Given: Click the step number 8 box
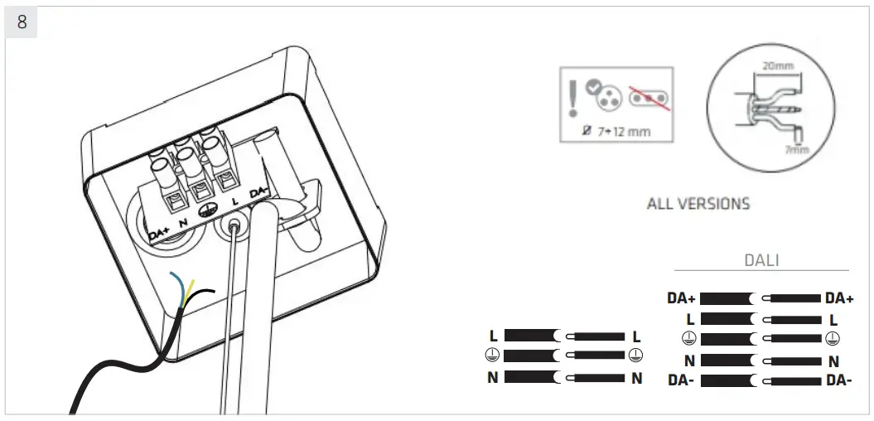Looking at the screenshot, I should pyautogui.click(x=21, y=22).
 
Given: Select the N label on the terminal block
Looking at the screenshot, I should pyautogui.click(x=181, y=222).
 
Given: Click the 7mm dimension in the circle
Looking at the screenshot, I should pyautogui.click(x=797, y=148).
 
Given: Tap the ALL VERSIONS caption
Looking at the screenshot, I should pyautogui.click(x=698, y=203).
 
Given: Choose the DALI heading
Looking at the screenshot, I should pyautogui.click(x=761, y=259).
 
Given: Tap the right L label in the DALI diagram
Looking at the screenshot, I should pyautogui.click(x=833, y=319).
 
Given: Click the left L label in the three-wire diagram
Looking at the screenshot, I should pyautogui.click(x=494, y=336).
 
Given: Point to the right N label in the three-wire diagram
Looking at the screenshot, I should pyautogui.click(x=636, y=379).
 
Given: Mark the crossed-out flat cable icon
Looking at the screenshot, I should pyautogui.click(x=651, y=99).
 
